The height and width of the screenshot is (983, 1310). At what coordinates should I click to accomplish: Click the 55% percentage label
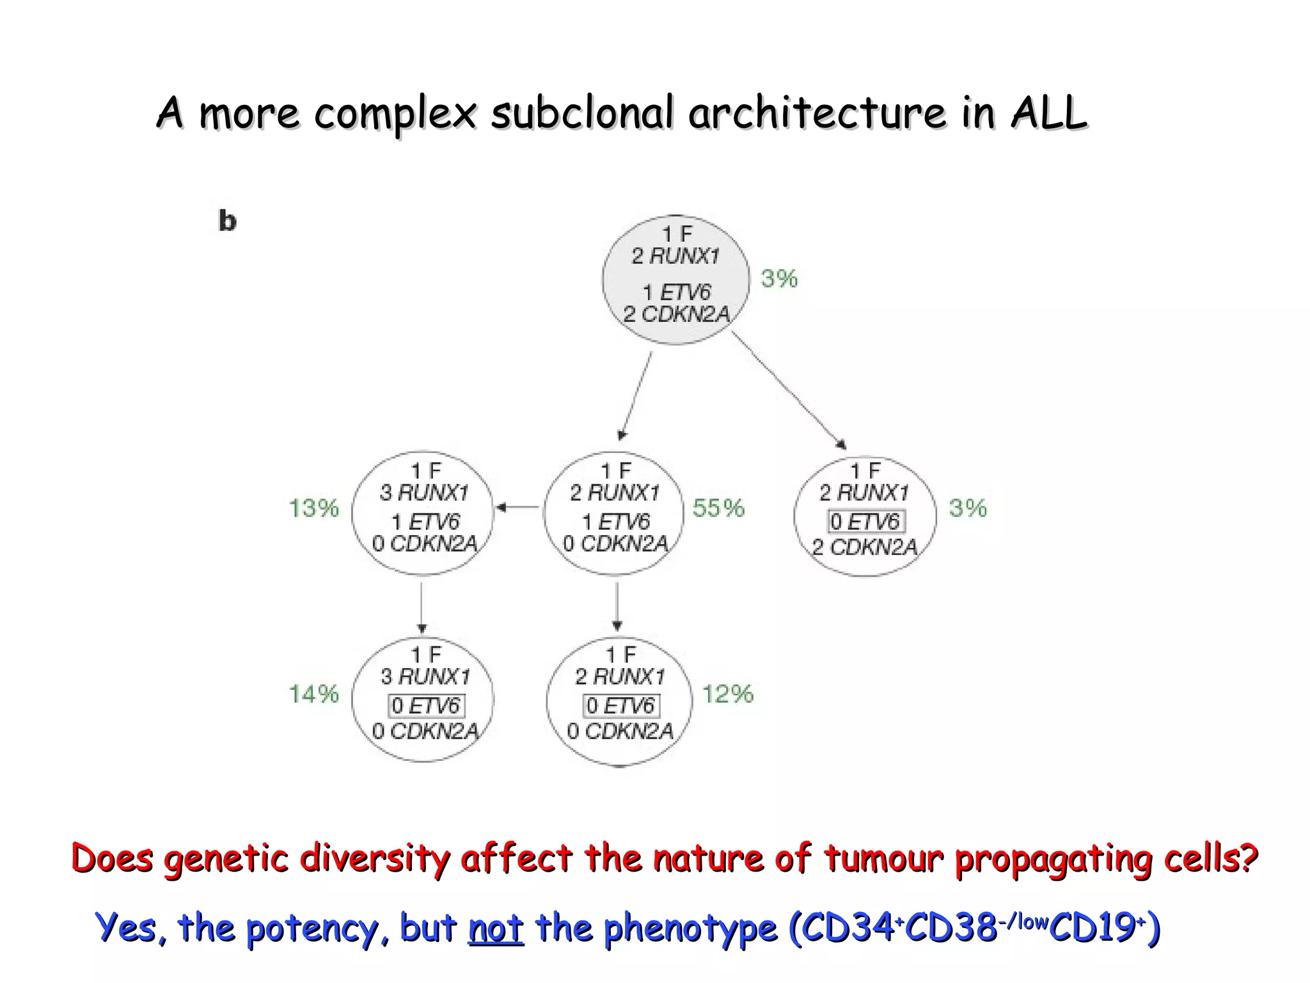[718, 508]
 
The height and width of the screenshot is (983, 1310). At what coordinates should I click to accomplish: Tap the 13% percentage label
[313, 508]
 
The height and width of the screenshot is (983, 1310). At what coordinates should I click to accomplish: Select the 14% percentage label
[313, 694]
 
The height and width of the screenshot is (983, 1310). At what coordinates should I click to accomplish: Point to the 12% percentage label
[728, 694]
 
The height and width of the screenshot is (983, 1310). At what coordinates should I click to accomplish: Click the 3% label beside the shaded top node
[779, 278]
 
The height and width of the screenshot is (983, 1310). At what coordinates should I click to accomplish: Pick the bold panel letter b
[227, 221]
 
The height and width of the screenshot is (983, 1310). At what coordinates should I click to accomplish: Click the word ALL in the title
[1048, 113]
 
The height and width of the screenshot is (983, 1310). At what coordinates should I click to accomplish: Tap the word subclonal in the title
[582, 113]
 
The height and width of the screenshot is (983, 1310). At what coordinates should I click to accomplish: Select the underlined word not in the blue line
[496, 928]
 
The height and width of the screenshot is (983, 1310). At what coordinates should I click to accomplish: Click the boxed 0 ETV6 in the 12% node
[620, 706]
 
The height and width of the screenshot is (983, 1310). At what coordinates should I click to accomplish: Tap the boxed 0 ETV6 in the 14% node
[426, 706]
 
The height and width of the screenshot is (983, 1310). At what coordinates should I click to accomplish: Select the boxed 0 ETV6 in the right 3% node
[866, 522]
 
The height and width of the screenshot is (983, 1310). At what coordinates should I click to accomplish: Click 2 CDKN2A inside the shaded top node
[677, 314]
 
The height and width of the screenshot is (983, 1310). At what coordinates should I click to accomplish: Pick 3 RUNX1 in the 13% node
[424, 493]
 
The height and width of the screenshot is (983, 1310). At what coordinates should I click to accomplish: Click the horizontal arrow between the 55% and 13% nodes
[519, 507]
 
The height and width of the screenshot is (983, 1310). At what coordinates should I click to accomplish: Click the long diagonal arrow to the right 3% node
[789, 390]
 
